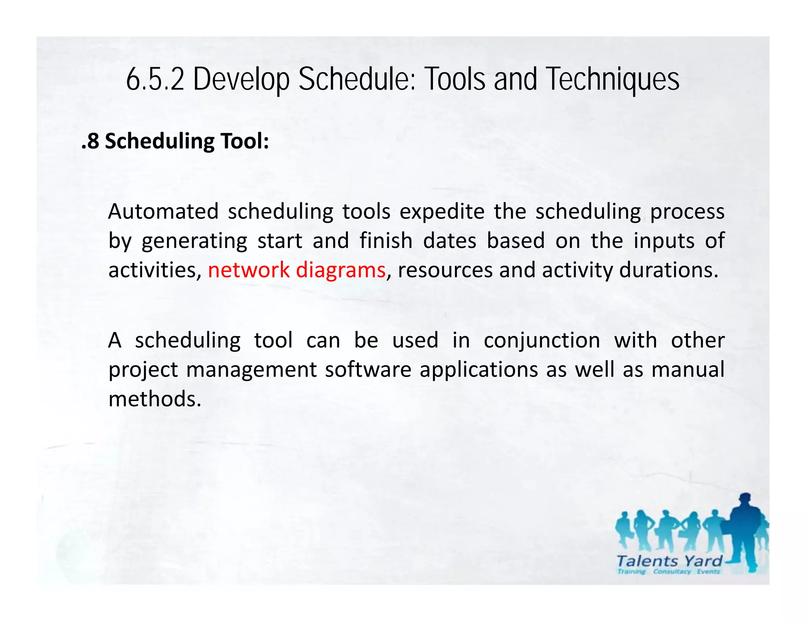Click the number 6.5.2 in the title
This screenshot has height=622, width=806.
(155, 79)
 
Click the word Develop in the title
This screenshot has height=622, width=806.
(241, 79)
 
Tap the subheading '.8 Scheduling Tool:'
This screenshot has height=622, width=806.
(175, 141)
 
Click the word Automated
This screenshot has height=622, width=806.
(163, 212)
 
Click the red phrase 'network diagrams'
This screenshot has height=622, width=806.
(296, 270)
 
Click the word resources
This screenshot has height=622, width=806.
(445, 271)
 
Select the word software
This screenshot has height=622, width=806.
(368, 370)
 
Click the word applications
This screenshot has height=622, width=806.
(478, 370)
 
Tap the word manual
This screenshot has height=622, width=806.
(688, 370)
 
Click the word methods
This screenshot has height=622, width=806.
(155, 399)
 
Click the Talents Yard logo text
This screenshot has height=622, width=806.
(669, 561)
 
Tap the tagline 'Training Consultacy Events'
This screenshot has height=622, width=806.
(668, 572)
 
